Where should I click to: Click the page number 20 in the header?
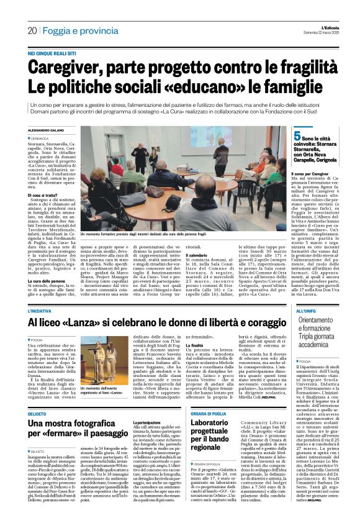[x=32, y=30]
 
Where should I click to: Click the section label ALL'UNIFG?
[x=306, y=310]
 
